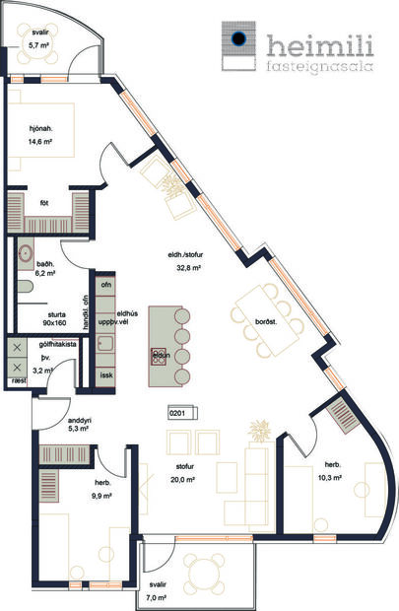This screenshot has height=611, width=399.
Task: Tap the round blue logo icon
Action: click(238, 40)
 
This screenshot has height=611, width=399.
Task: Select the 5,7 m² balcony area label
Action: click(38, 45)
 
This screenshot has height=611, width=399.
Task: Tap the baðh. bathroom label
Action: click(44, 263)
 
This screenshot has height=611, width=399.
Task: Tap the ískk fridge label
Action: click(107, 375)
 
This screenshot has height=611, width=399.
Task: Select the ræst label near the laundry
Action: click(18, 378)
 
